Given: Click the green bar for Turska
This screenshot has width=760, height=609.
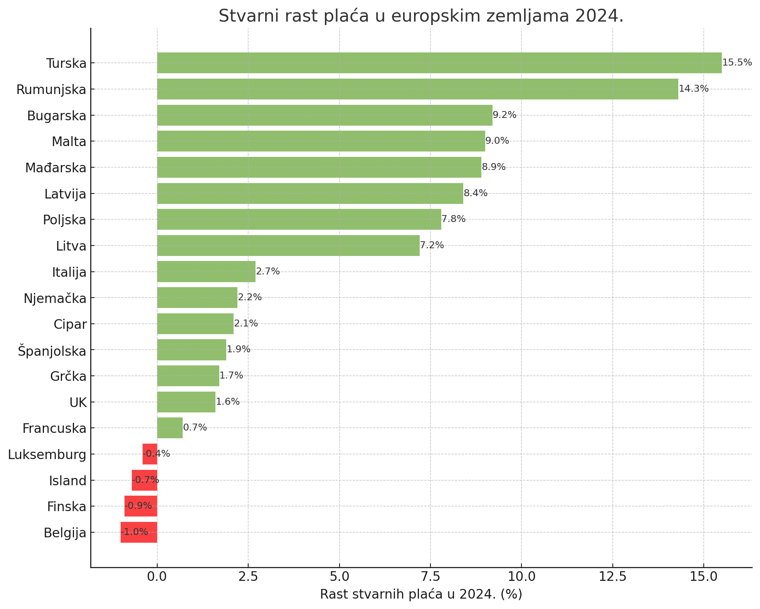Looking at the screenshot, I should point(439,63).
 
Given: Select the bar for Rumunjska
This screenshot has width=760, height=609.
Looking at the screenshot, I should point(417,89).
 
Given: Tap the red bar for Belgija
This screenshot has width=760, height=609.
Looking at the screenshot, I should point(139,532).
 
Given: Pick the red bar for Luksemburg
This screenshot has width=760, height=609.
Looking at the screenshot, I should point(150,454).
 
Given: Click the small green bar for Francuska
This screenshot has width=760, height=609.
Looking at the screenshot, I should point(170,428).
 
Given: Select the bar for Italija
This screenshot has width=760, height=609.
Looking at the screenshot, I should point(206,272).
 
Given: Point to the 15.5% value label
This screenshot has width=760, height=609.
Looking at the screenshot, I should point(737,62).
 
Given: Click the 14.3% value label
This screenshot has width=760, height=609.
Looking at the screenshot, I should point(693,89).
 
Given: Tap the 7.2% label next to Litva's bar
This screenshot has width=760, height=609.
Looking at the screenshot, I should point(432,245).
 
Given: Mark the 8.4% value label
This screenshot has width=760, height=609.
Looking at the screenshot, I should point(475,193).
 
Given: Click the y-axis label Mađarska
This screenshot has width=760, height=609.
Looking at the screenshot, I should point(56,168).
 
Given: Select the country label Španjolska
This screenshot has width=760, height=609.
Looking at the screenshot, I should point(52,351).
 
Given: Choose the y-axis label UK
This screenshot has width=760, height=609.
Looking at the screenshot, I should point(78,403).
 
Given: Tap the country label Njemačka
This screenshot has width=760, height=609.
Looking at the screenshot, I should point(55,298).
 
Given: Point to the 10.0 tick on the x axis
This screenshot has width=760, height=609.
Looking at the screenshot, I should point(521,577).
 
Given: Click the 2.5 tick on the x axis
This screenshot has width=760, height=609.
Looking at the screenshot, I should point(248,577).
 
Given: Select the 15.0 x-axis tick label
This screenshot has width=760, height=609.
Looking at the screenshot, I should point(703,577).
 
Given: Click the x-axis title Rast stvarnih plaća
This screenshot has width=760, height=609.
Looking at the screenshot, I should point(421,594).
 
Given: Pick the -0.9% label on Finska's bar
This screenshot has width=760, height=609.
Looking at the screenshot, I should point(138,506).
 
